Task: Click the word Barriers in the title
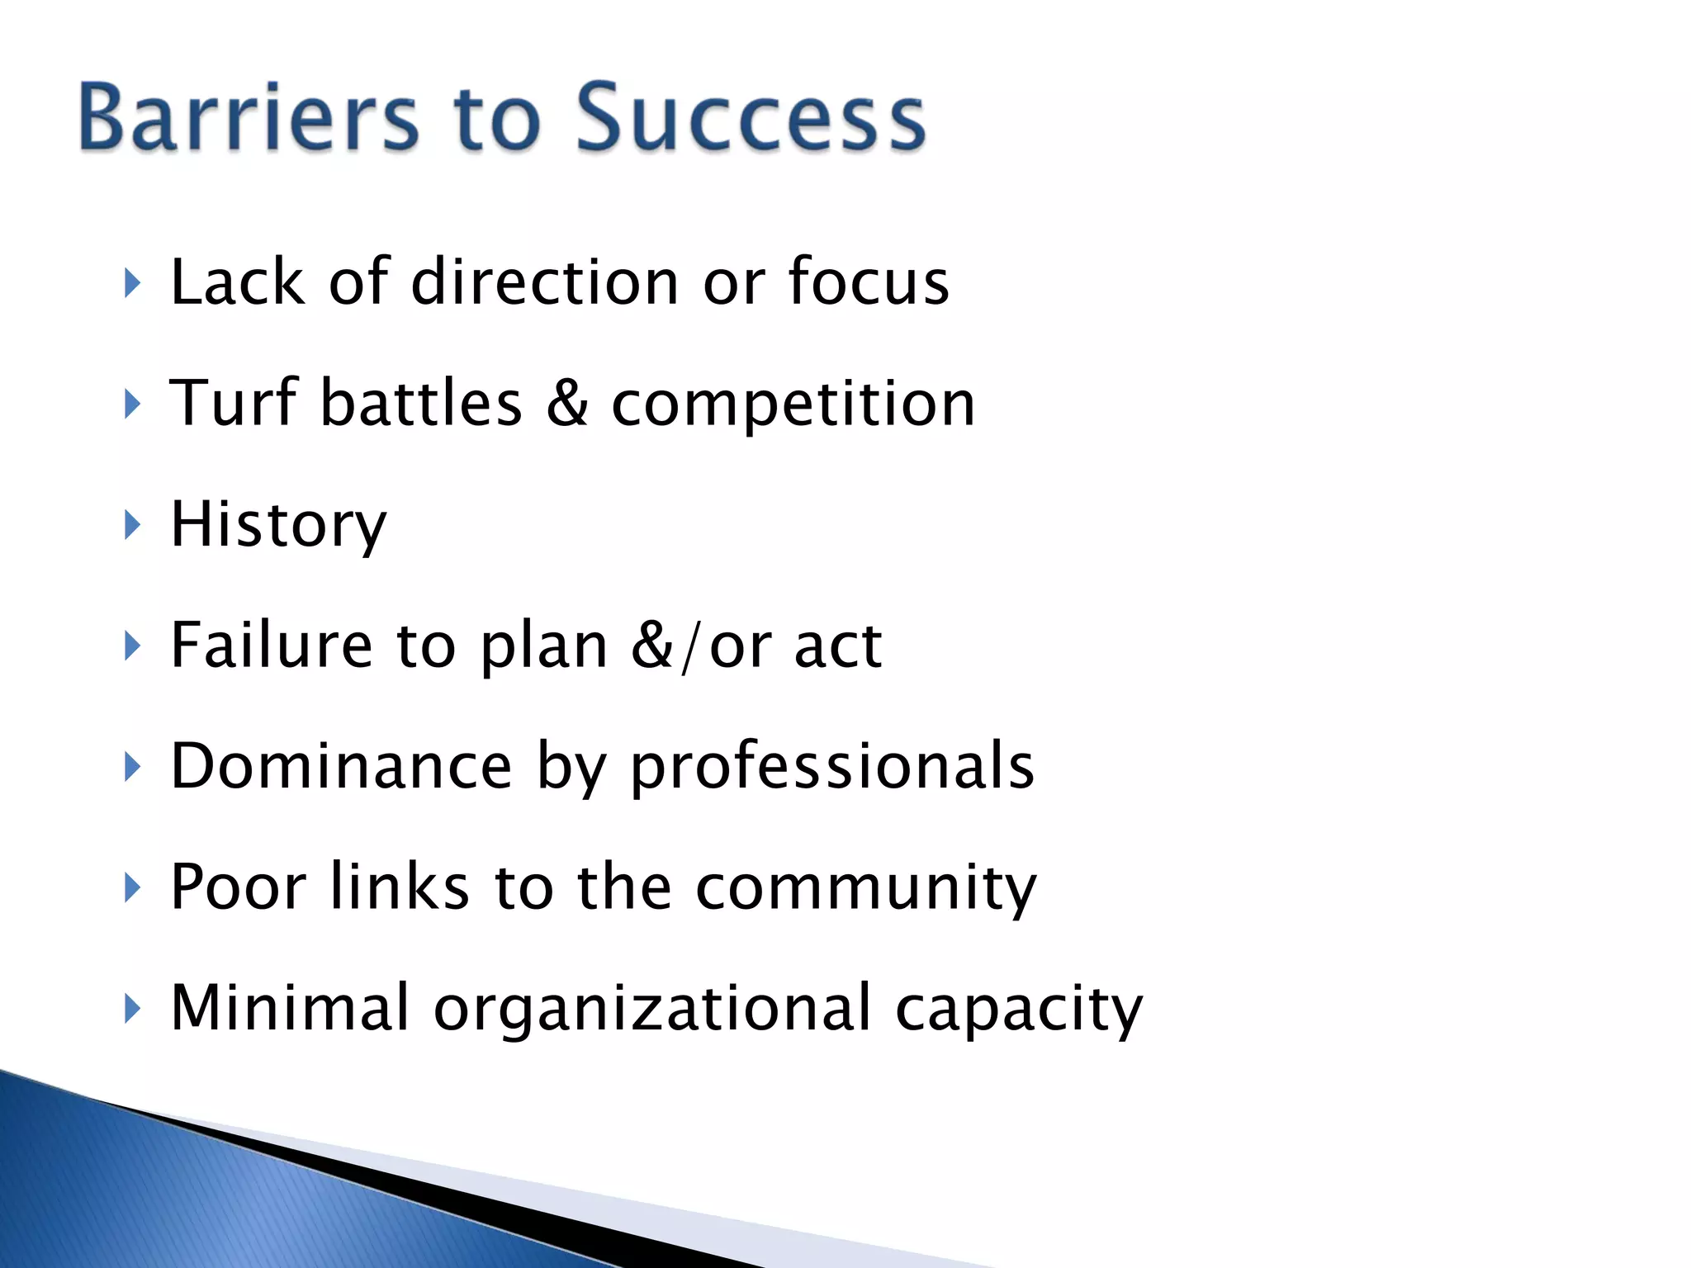[249, 117]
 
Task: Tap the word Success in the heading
[750, 117]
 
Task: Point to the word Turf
[233, 403]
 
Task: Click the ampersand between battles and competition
[567, 404]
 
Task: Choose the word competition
[793, 405]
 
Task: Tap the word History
[278, 525]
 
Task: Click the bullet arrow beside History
[132, 525]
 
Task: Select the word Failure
[271, 645]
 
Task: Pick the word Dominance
[341, 766]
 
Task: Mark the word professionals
[832, 768]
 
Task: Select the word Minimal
[289, 1007]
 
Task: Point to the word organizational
[652, 1009]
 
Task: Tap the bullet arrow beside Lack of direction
[132, 283]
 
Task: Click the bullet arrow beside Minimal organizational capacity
[132, 1008]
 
